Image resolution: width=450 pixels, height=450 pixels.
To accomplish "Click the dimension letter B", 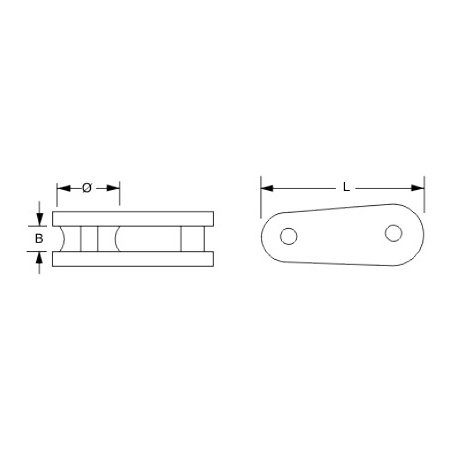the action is tap(39, 239).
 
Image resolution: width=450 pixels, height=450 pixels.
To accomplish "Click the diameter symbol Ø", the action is tap(87, 188).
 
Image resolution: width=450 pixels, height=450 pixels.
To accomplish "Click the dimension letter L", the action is tap(346, 187).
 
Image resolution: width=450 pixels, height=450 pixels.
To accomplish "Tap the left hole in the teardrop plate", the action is tap(289, 236).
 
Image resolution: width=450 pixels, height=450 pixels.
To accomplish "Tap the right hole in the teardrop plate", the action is tap(393, 233).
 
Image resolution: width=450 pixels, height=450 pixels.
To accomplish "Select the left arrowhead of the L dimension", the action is tap(267, 188).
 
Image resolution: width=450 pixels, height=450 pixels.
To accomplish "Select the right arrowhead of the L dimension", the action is tap(418, 188).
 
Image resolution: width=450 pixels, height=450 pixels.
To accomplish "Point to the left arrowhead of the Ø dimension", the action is tap(64, 188).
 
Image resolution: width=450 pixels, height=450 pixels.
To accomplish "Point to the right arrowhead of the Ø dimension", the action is tap(113, 188).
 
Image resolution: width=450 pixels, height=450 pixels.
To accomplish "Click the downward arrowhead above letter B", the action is tap(40, 219).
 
